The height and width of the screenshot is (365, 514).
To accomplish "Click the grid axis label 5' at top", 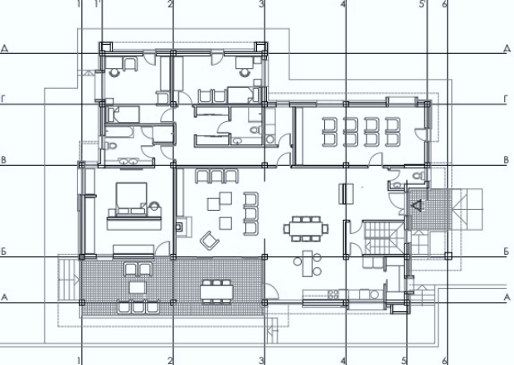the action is pyautogui.click(x=423, y=4).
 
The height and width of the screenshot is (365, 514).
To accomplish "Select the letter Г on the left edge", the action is pyautogui.click(x=4, y=99).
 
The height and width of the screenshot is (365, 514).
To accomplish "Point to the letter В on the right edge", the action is pyautogui.click(x=507, y=160).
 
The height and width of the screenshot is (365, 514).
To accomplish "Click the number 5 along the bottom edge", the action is pyautogui.click(x=405, y=360).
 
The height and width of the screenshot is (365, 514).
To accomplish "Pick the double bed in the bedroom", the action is pyautogui.click(x=131, y=199).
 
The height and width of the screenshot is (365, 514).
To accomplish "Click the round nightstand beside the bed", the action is pyautogui.click(x=154, y=207).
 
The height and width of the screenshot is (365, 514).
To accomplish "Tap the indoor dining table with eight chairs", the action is pyautogui.click(x=306, y=229).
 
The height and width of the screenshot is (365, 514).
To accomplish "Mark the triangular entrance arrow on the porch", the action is pyautogui.click(x=418, y=205).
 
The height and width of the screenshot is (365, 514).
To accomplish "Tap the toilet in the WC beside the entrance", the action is pyautogui.click(x=419, y=176).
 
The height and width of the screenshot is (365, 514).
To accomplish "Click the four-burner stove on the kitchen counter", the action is pyautogui.click(x=333, y=294).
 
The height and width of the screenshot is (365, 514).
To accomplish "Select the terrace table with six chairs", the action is pyautogui.click(x=216, y=291).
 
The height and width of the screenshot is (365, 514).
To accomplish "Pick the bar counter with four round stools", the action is pyautogui.click(x=308, y=263).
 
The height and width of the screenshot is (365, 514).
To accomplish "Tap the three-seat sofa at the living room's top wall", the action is pyautogui.click(x=216, y=176).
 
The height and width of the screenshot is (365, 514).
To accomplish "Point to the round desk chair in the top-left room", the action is pyautogui.click(x=114, y=72).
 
